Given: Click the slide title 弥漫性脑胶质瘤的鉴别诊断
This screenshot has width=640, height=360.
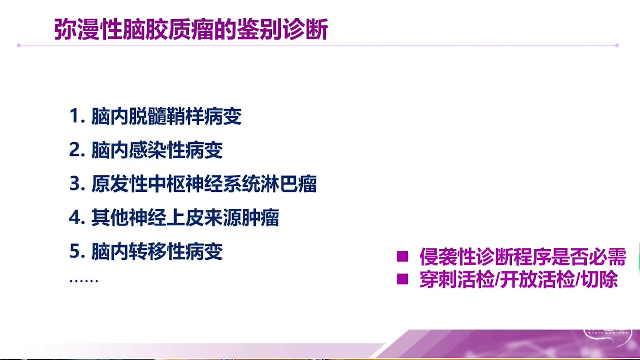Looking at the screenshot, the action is click(x=191, y=29).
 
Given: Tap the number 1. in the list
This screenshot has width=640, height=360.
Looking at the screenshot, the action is click(x=77, y=116).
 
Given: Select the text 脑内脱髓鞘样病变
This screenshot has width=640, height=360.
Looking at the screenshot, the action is click(x=166, y=116).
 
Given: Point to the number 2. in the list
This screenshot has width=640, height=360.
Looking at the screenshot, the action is click(x=77, y=150).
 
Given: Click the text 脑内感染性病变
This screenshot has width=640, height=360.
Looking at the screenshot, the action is click(x=157, y=150).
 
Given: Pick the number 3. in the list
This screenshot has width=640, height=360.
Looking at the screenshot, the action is click(x=77, y=184).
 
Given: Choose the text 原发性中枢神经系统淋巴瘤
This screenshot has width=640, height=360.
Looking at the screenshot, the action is click(x=204, y=184).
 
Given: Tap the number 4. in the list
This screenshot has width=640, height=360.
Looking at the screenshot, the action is click(x=77, y=218).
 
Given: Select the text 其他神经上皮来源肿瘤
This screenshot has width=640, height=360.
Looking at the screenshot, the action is click(x=185, y=218).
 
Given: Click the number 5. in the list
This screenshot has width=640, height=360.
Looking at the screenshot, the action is click(x=77, y=252).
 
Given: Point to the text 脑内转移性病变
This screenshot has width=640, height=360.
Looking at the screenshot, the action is click(x=157, y=252).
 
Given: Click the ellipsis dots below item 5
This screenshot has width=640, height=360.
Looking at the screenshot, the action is click(x=84, y=281).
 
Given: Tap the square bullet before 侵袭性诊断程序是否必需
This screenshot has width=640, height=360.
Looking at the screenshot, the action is click(x=402, y=256).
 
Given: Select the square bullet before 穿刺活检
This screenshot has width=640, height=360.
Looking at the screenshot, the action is click(x=402, y=279).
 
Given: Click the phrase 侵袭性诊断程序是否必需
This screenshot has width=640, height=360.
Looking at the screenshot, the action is click(x=523, y=257).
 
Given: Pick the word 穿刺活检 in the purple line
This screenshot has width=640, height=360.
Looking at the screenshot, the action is click(x=457, y=279).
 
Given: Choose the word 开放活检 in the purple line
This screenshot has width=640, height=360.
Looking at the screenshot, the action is click(x=537, y=279).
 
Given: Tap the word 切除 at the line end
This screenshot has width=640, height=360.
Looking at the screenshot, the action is click(x=600, y=279).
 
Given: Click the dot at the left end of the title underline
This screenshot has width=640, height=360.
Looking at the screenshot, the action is click(x=19, y=45).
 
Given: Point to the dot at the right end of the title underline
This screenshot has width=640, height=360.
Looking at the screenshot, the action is click(x=617, y=45).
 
